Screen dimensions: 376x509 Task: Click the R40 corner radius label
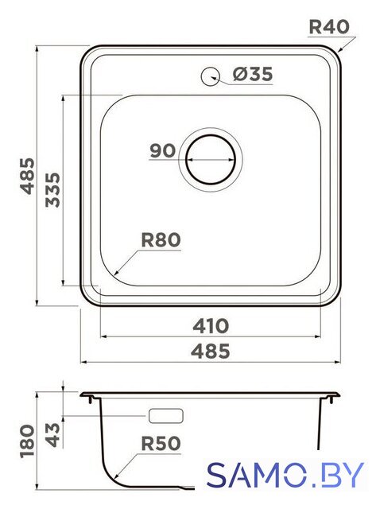click(328, 26)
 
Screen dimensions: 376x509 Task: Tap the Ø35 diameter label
click(253, 74)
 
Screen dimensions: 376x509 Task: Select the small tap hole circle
click(210, 76)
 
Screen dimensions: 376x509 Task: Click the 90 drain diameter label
click(162, 150)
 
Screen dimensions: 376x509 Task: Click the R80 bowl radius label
click(161, 240)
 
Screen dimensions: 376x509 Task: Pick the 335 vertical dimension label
click(53, 190)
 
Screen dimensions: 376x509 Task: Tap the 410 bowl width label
click(211, 326)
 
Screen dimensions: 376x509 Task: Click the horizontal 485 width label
click(211, 352)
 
